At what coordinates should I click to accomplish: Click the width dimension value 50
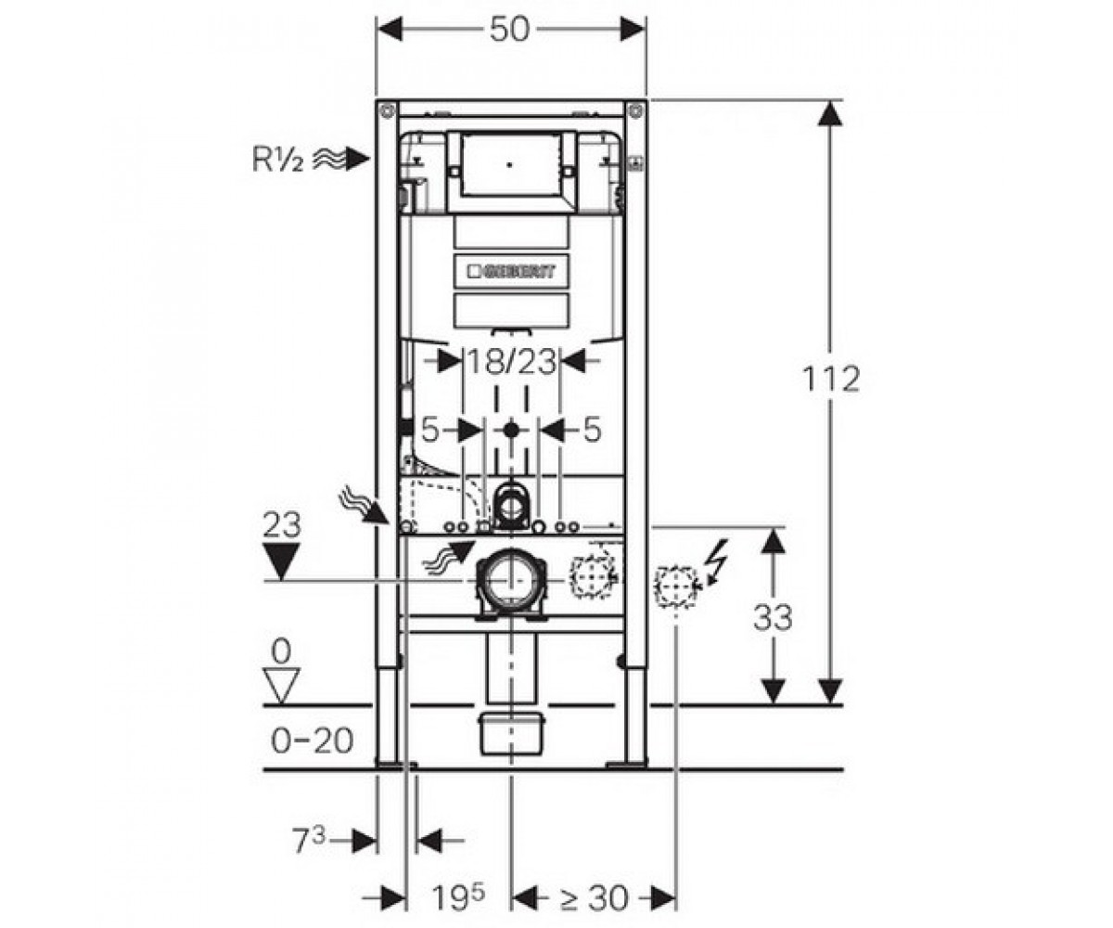(x=509, y=29)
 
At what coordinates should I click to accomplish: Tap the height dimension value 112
(x=831, y=380)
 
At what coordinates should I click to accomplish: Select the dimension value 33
(x=773, y=617)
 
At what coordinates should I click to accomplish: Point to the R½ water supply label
(x=277, y=159)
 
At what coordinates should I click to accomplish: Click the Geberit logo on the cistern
(x=511, y=272)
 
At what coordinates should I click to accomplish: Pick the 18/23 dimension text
(x=511, y=362)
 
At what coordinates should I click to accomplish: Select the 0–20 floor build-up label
(x=313, y=741)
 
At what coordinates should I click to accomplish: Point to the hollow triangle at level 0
(x=281, y=686)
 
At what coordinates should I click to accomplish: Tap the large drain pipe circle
(x=511, y=581)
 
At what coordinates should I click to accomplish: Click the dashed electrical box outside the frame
(x=676, y=586)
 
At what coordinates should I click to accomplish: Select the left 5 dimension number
(x=429, y=430)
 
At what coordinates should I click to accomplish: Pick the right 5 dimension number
(x=593, y=430)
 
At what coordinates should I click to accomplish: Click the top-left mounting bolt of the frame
(x=387, y=112)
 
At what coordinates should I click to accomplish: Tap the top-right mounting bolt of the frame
(x=635, y=112)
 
